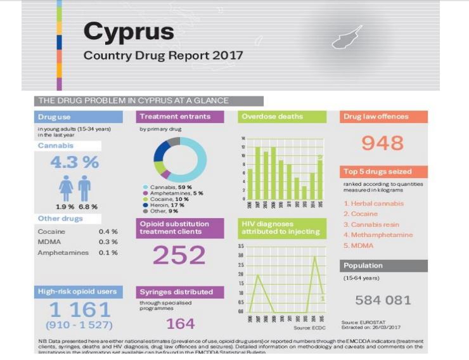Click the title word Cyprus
coord(128,31)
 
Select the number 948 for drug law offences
coord(382,143)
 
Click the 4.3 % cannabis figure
coord(74,162)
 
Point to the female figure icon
coord(65,189)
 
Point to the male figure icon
coord(84,189)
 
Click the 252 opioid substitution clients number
coord(179,255)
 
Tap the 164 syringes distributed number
coord(180,324)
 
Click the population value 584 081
coord(383,300)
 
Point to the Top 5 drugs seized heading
coord(378,172)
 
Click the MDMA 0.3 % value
coord(108,242)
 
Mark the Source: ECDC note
coord(310,328)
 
